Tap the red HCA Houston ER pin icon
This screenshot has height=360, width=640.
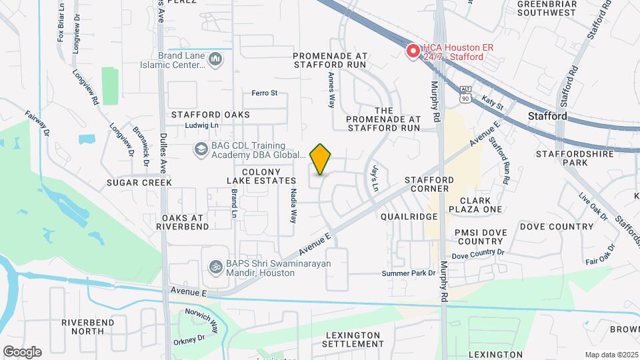[413, 51]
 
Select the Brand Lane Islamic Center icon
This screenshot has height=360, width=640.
[215, 61]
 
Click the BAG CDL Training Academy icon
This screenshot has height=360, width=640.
[199, 149]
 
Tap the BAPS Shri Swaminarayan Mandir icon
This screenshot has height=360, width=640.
[215, 267]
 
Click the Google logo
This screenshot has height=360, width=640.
[22, 351]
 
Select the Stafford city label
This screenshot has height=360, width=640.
[547, 116]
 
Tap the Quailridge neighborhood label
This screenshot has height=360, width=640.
[409, 217]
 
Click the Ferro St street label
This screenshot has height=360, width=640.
[264, 93]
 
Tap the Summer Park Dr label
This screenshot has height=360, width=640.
[408, 273]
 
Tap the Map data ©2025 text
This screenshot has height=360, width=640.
[610, 354]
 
